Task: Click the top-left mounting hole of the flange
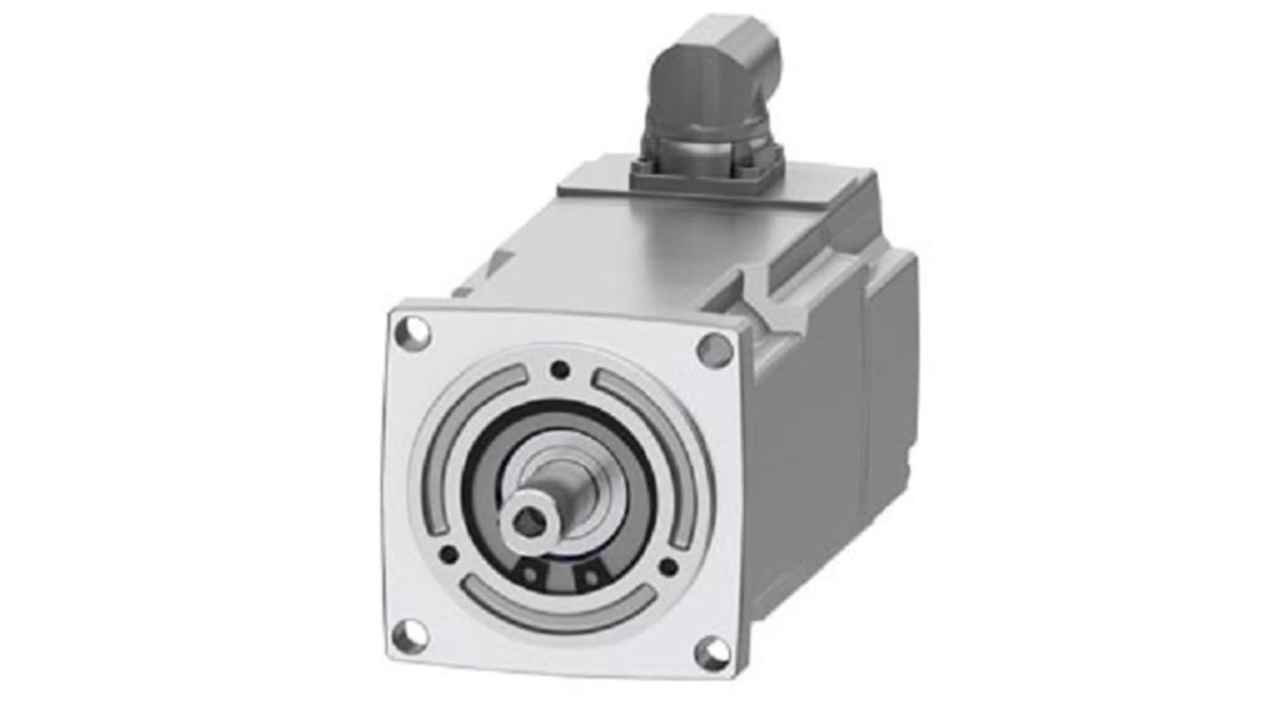pos(413,332)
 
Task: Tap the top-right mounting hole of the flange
pos(715,349)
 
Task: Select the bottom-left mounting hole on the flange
pos(410,636)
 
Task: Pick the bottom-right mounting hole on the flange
pos(712,652)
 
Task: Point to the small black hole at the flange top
pos(561,369)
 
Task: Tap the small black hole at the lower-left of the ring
pos(448,554)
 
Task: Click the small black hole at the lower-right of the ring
pos(668,567)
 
